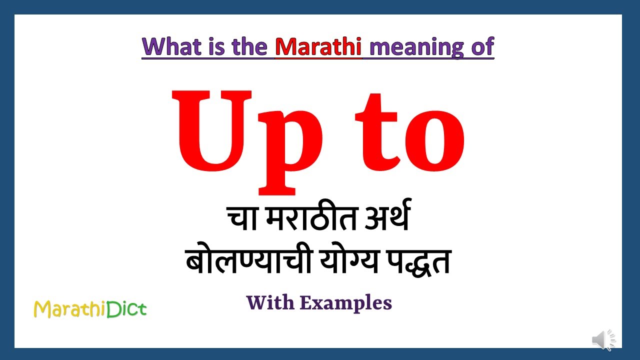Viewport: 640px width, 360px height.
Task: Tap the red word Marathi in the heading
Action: click(x=318, y=47)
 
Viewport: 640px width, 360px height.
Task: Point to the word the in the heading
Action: click(x=250, y=47)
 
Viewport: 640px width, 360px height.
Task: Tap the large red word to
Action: click(x=410, y=135)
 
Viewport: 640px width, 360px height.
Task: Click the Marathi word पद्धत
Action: click(x=415, y=262)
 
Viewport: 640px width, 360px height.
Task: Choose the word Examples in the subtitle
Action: click(x=346, y=302)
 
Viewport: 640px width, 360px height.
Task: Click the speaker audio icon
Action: click(x=603, y=340)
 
